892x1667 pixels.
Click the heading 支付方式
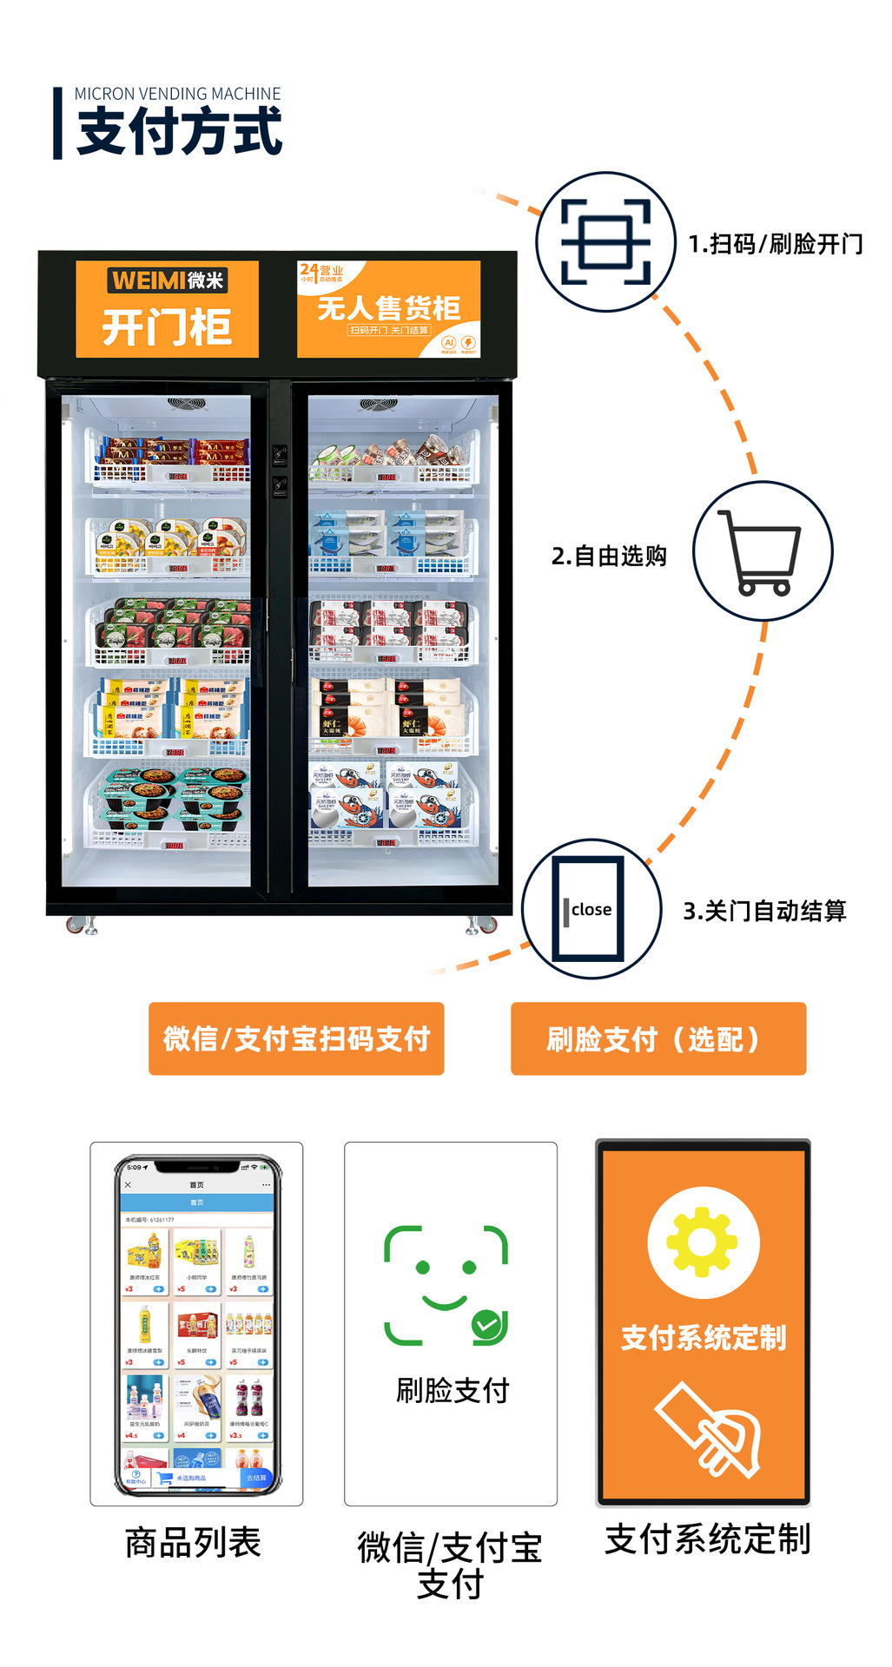pos(180,132)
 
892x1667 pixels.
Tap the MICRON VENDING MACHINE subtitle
pos(177,94)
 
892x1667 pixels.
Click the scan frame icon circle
pos(605,241)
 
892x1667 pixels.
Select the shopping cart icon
pos(762,551)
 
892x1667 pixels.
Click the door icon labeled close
pos(591,908)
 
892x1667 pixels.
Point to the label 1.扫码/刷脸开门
pos(776,244)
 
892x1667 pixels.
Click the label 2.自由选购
pos(609,556)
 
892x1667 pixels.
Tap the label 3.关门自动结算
pos(764,911)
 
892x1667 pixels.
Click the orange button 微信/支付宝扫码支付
pos(296,1038)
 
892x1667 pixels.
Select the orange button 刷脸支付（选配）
pos(657,1038)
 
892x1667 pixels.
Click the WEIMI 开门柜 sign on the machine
pos(167,309)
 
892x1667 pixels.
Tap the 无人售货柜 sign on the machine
pos(388,309)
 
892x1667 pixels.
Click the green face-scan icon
pos(446,1285)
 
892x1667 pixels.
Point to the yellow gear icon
pos(703,1242)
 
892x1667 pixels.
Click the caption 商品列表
pos(193,1543)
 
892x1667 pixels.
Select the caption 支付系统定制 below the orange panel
pos(707,1539)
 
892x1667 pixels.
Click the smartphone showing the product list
pos(197,1325)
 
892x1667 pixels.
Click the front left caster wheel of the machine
pos(78,926)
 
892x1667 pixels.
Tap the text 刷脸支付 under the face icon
pos(453,1390)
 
